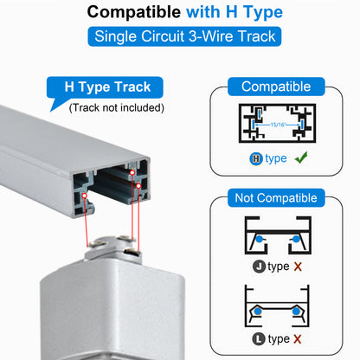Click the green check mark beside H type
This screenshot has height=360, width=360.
(x=301, y=157)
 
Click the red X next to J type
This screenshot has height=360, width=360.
(x=298, y=267)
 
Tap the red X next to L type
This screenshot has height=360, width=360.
(x=298, y=339)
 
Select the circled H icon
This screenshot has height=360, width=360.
(x=256, y=158)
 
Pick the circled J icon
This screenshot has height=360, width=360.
(x=259, y=267)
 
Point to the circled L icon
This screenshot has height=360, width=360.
(x=259, y=339)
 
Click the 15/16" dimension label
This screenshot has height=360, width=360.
(x=278, y=125)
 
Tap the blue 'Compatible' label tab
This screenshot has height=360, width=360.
(x=276, y=87)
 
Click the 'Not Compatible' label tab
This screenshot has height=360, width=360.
(x=276, y=198)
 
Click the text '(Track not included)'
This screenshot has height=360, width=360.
(x=117, y=108)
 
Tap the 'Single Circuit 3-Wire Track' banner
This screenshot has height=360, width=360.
(x=184, y=36)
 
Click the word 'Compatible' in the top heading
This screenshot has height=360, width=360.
(x=134, y=12)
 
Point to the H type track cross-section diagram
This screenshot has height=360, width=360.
(x=277, y=123)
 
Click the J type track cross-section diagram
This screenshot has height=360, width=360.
(x=278, y=235)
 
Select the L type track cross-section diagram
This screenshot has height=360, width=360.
(x=277, y=306)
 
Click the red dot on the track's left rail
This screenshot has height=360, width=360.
(x=85, y=196)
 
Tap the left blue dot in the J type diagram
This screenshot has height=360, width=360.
(x=260, y=239)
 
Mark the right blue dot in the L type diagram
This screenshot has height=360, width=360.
(x=296, y=311)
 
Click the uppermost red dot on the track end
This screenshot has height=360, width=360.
(x=132, y=172)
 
